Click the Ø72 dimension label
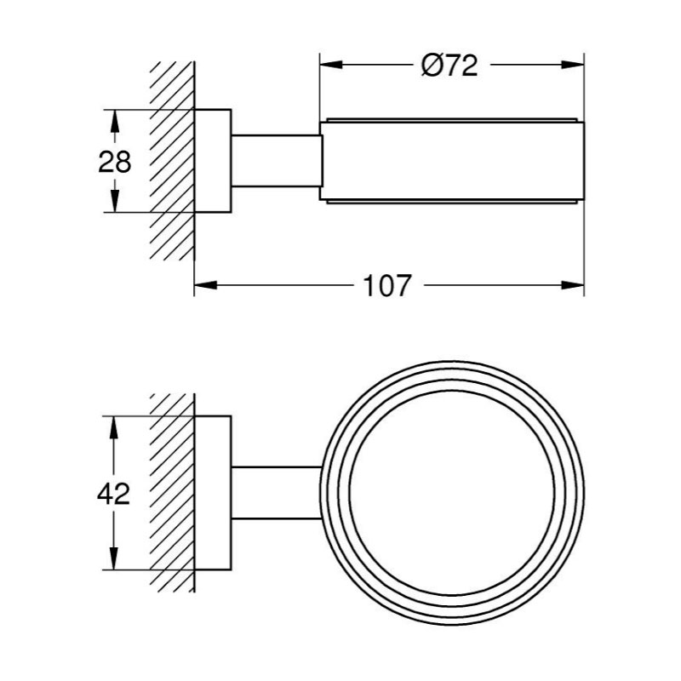[449, 66]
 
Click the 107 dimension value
[387, 285]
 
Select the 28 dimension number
[114, 162]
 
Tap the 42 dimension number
[113, 494]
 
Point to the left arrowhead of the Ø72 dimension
[330, 66]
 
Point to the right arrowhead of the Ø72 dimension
[573, 66]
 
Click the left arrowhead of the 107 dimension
[205, 285]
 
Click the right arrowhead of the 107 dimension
[573, 285]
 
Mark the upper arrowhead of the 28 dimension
[114, 121]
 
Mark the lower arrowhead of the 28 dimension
[114, 201]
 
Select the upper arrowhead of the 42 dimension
[113, 427]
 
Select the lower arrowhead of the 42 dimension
[113, 558]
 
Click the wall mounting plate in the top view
[212, 161]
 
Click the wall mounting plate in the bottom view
[212, 493]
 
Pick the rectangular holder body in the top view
[452, 161]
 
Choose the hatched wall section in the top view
[172, 161]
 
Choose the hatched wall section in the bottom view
[172, 493]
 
